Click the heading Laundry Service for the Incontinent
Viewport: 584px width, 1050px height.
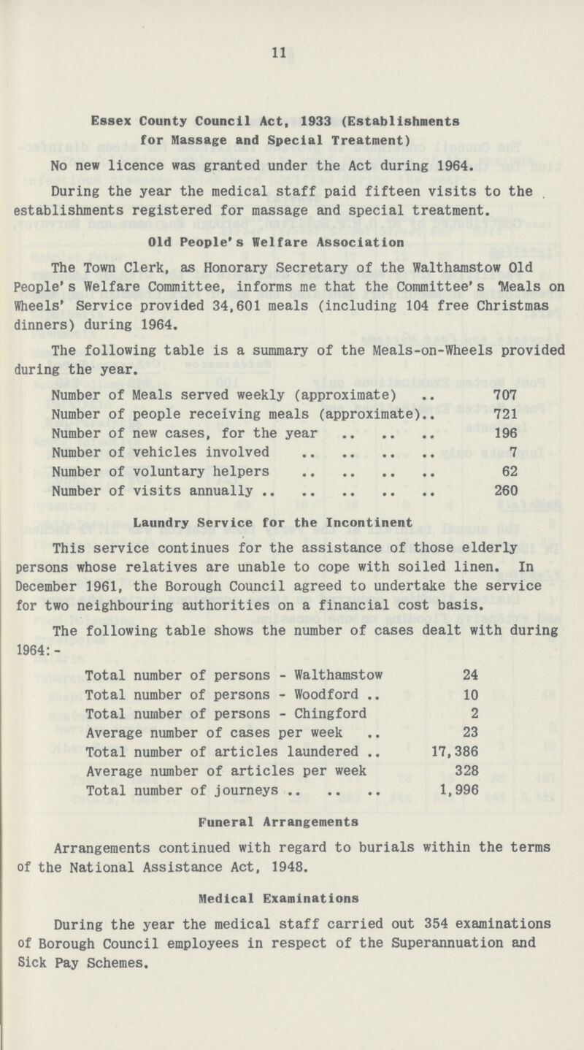(x=291, y=522)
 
